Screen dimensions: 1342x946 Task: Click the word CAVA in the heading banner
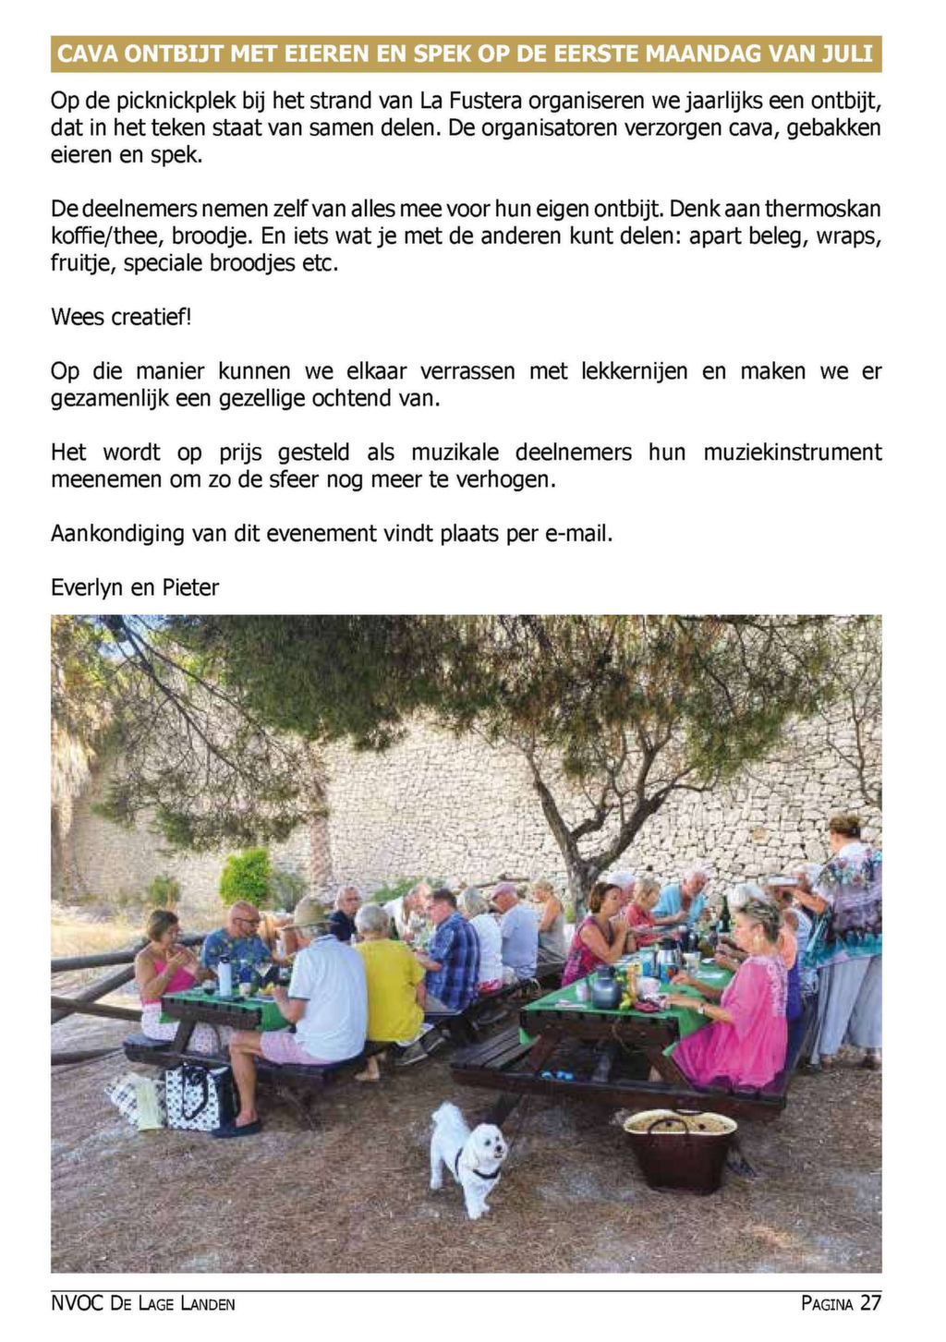(x=88, y=54)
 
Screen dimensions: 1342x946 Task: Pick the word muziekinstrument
(x=792, y=453)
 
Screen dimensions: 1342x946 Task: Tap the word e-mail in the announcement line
(x=576, y=534)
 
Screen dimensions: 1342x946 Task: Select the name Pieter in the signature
(x=190, y=588)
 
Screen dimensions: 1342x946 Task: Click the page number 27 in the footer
(x=870, y=1303)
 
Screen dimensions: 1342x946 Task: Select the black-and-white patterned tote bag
(x=199, y=1094)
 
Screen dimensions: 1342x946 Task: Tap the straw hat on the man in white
(x=309, y=913)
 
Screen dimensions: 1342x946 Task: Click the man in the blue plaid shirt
(x=453, y=956)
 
